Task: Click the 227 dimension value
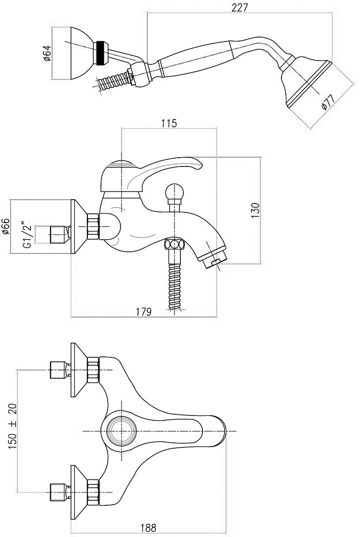(239, 7)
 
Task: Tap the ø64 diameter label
(47, 53)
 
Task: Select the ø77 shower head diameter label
(327, 103)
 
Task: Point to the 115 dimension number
(170, 124)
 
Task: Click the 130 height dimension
(255, 210)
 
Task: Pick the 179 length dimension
(144, 311)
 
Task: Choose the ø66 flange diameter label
(6, 227)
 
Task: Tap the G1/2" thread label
(27, 235)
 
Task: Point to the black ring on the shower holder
(101, 53)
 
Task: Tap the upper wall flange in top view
(79, 370)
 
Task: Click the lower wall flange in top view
(79, 492)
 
